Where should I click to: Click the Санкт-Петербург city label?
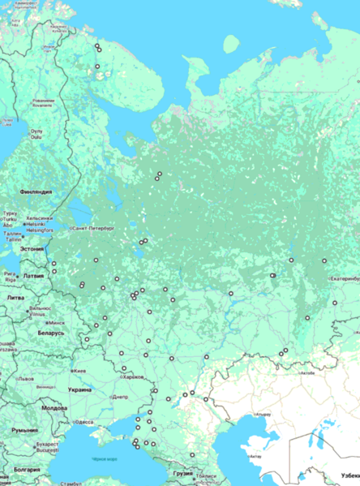tap(96, 229)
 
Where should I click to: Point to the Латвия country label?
tap(34, 276)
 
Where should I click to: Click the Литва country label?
tap(15, 298)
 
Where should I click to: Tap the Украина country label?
tap(79, 389)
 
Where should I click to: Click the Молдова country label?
tap(54, 408)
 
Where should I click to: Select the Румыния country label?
tap(25, 430)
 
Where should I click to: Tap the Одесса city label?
tap(84, 422)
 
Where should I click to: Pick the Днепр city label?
tap(119, 397)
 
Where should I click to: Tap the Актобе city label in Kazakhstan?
tap(307, 373)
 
